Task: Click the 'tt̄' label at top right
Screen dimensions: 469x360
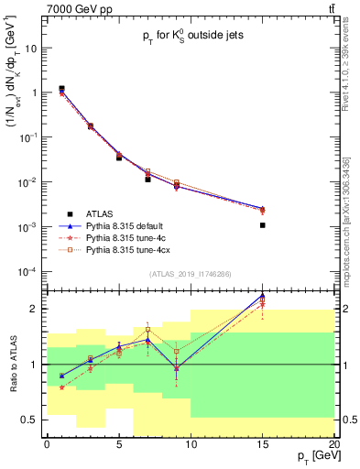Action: [329, 8]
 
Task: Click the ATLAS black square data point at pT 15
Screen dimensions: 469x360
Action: [263, 224]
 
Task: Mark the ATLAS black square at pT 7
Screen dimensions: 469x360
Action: [147, 180]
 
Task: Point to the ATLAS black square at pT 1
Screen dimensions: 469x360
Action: [61, 89]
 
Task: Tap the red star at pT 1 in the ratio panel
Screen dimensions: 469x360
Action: [61, 387]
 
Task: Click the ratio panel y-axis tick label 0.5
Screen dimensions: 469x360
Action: [31, 420]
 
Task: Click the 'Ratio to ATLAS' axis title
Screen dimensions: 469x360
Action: [12, 364]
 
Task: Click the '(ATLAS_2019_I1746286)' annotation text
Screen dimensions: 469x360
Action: [191, 274]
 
